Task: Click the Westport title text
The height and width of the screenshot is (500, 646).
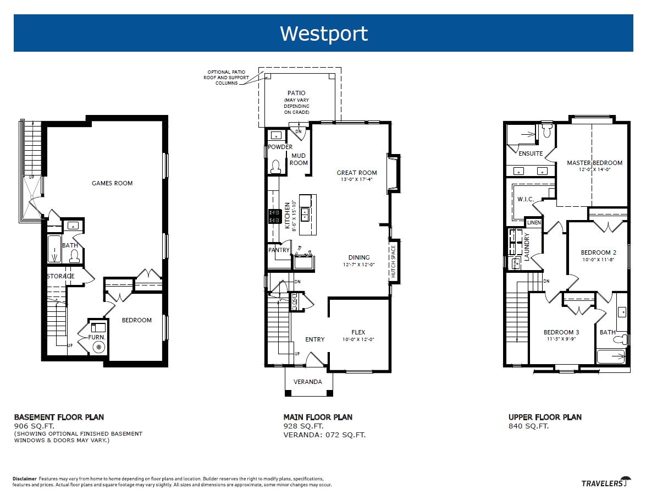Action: (323, 34)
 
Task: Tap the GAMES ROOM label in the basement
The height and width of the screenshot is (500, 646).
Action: (112, 183)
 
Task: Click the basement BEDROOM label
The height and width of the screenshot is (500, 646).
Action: (136, 320)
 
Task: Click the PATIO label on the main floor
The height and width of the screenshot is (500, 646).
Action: (296, 93)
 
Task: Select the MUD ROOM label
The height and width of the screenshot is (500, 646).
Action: (299, 160)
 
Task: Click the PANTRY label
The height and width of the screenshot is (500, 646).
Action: (279, 250)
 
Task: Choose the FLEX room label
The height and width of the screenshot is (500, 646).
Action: (358, 332)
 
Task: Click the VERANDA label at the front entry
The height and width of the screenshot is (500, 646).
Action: (307, 382)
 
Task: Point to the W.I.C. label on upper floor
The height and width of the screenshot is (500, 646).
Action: (526, 199)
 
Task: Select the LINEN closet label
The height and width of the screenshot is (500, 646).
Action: (533, 223)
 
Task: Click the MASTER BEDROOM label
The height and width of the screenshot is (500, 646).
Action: (594, 163)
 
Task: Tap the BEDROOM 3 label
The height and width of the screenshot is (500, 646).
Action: (561, 332)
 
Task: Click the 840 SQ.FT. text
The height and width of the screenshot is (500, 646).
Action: (528, 426)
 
